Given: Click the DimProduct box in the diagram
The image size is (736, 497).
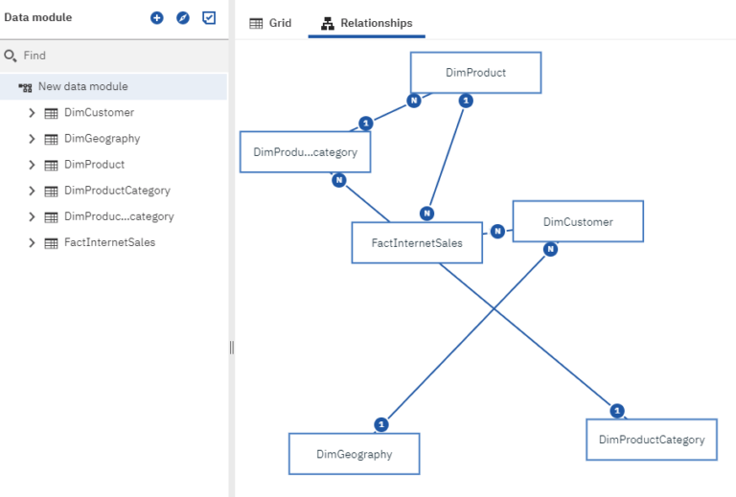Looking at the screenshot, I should point(475,73).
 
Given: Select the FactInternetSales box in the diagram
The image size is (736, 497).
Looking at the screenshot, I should point(417,243).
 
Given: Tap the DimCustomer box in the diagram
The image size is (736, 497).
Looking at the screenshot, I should point(577,222).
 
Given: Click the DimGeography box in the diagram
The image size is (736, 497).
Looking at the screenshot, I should point(354,454).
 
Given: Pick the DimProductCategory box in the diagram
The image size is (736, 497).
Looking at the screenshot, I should point(651,440).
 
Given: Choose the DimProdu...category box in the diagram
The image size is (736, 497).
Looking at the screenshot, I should point(305,152).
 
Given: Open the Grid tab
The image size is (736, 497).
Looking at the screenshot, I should point(270,23).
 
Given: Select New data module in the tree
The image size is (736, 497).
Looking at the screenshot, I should point(82,86).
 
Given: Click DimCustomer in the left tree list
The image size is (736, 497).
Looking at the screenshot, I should point(99,112).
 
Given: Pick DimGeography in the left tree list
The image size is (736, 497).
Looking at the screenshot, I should point(102,138).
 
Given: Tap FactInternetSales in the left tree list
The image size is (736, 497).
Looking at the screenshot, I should point(109,242).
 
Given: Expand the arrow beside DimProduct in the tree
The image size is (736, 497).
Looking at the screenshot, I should point(32,165).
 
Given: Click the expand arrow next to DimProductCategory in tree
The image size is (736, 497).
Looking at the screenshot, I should point(32,191).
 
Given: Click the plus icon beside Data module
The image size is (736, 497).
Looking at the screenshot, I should point(157,18).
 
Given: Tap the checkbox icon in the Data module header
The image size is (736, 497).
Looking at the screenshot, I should point(209,18).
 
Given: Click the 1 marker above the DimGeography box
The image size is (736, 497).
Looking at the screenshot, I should point(381,423).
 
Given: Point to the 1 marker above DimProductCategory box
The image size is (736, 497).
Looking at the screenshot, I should point(617,411).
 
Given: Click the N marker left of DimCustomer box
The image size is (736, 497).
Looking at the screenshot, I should point(497,231).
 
